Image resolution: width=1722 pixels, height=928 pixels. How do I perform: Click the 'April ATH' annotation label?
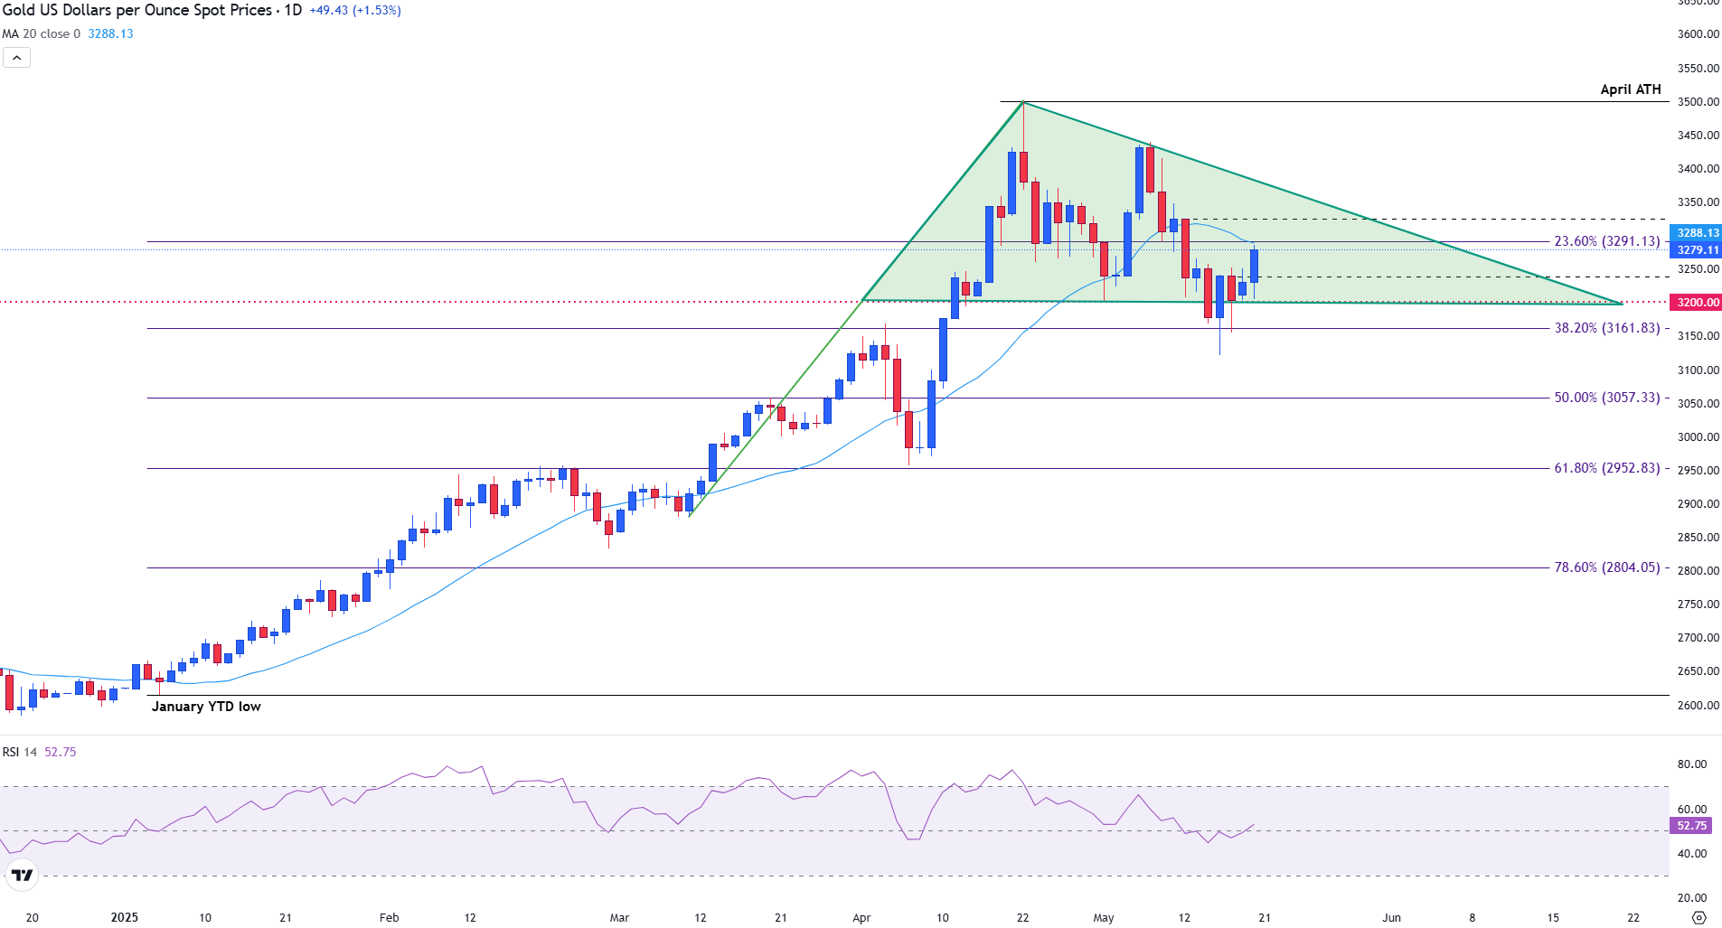pos(1630,89)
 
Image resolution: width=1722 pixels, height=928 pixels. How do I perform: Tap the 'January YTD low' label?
pos(206,707)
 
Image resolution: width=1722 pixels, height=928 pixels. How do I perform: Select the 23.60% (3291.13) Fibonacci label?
pos(1606,241)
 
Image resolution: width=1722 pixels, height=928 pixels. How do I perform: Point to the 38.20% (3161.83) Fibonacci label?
pos(1606,328)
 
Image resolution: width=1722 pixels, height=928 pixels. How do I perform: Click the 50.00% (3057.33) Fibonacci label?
pos(1606,398)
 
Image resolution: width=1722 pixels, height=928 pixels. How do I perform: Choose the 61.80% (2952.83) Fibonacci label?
pos(1606,468)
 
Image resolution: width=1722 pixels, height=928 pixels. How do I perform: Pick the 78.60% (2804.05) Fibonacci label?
pos(1606,567)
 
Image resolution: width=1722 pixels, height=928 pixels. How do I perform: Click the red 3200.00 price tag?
pos(1698,303)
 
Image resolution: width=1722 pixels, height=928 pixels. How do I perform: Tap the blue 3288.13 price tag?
pos(1698,233)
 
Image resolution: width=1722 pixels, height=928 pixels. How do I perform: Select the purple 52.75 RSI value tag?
pos(1691,826)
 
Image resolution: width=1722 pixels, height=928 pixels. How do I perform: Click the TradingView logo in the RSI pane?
pos(22,875)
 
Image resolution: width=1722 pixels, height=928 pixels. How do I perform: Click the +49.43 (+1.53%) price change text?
pos(355,11)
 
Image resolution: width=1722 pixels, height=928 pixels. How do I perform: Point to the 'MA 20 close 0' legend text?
pos(41,34)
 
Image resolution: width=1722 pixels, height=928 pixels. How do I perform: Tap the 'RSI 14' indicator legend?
pos(20,752)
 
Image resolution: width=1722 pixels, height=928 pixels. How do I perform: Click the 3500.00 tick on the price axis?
pos(1698,102)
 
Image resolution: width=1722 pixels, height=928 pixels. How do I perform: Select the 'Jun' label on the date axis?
pos(1391,917)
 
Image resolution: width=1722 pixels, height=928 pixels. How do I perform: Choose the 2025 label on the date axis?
pos(125,917)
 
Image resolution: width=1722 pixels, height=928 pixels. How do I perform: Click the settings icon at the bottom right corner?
pos(1698,917)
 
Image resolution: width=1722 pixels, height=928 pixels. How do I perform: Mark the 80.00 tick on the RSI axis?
pos(1691,764)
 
